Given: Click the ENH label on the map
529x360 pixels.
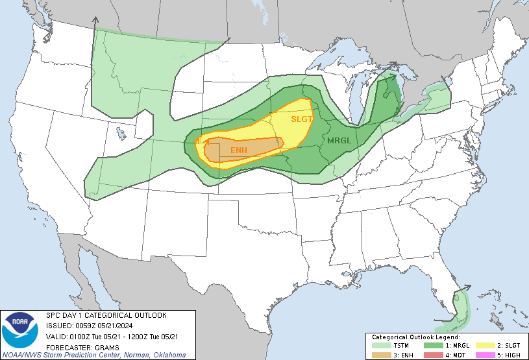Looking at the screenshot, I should point(240,150).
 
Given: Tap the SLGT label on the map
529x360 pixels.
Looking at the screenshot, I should point(302,119).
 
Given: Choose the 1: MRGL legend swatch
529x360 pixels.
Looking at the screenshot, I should point(432,345).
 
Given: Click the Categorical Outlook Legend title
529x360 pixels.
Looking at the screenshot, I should point(415,337).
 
